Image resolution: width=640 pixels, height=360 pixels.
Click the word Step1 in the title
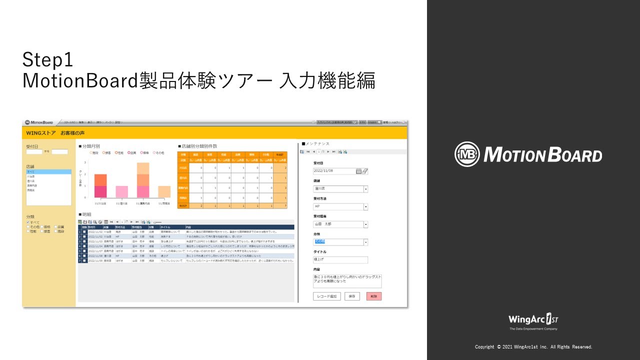(48, 60)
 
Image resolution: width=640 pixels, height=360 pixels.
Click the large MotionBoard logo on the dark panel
(528, 154)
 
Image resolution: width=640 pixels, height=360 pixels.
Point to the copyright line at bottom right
(533, 347)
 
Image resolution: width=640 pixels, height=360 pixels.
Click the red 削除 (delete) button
(373, 296)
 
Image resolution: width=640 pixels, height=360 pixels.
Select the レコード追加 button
(326, 296)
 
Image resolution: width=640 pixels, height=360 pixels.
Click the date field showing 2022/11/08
(333, 171)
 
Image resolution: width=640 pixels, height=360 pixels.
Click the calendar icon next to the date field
(358, 171)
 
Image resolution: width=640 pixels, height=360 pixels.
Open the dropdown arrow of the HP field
(365, 206)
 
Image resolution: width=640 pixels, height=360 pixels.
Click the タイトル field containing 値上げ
(340, 260)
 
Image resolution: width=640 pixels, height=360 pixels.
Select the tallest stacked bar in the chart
(143, 180)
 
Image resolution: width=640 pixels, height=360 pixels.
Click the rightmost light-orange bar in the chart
(164, 191)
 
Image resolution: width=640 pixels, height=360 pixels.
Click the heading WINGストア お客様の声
(55, 133)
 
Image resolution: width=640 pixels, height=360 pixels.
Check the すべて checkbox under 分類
(28, 222)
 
